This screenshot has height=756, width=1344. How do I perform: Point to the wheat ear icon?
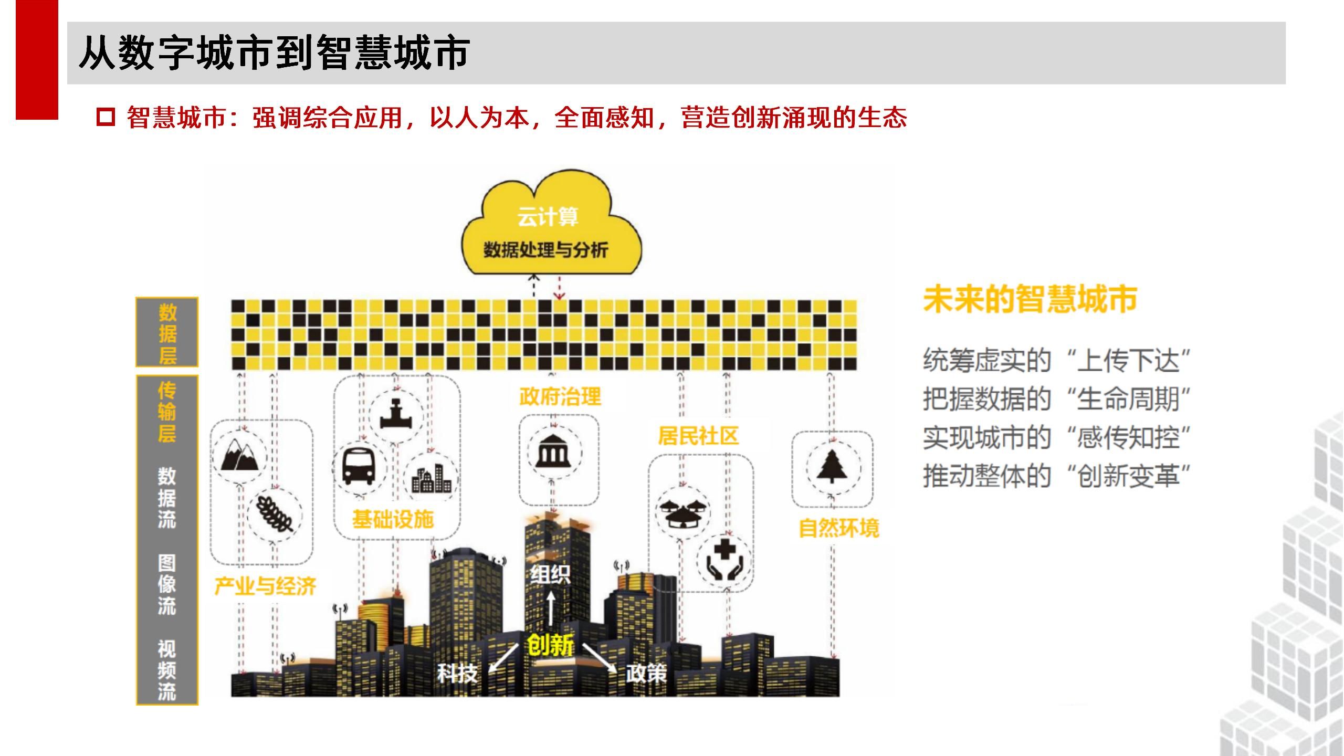click(274, 513)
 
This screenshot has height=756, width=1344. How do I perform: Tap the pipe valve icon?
click(395, 414)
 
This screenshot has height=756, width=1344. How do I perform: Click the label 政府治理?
click(560, 396)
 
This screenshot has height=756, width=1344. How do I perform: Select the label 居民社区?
click(698, 436)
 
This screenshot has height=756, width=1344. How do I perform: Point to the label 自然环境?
click(838, 528)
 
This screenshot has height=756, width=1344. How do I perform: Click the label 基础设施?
click(393, 519)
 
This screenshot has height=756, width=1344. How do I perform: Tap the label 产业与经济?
click(265, 586)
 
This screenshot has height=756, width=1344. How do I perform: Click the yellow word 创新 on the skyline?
click(550, 645)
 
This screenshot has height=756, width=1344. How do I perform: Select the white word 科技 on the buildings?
click(457, 673)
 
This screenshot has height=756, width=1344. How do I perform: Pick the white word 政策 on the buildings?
click(646, 673)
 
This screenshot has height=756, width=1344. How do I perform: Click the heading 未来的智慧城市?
click(1030, 300)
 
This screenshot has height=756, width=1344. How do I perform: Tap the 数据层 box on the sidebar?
click(167, 332)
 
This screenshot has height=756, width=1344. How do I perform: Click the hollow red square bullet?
click(106, 117)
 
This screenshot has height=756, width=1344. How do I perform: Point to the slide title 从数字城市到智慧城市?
click(274, 53)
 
